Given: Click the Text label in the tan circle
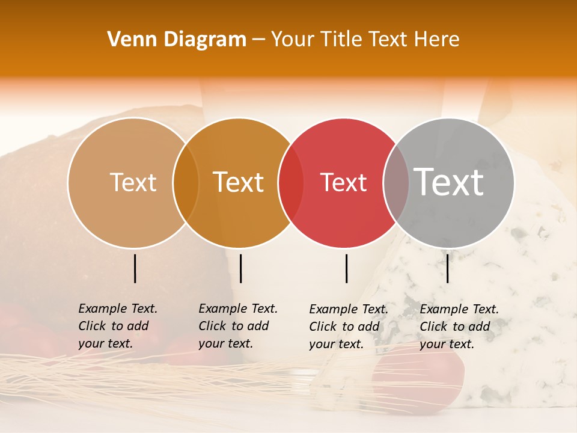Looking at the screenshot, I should (x=133, y=182).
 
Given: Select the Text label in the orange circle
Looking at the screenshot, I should (x=239, y=182).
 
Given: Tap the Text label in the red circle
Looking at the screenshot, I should (x=343, y=183).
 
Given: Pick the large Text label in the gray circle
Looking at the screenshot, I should (x=449, y=182).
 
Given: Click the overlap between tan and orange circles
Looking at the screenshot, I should (x=186, y=183).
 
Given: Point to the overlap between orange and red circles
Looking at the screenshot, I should (x=291, y=183).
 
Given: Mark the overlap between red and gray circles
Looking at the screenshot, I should (x=396, y=183).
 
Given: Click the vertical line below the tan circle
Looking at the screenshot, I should (x=135, y=268).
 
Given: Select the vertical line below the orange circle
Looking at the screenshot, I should (x=240, y=268).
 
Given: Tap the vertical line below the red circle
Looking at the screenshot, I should (x=346, y=268).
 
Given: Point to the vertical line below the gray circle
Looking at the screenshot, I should (x=447, y=268).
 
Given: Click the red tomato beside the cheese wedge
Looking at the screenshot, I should (x=421, y=376).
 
